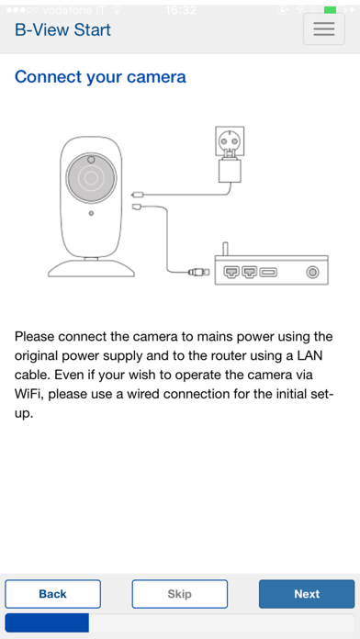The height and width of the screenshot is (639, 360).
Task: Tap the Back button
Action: click(x=52, y=594)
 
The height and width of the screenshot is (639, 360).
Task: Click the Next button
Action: click(x=307, y=594)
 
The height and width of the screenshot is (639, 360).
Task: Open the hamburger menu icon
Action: click(x=324, y=29)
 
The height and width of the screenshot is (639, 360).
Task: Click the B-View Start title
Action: click(x=62, y=30)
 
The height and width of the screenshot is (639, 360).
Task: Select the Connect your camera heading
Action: click(x=100, y=76)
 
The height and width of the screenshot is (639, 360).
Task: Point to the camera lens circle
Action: click(x=91, y=178)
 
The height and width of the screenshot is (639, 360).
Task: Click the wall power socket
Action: click(x=230, y=141)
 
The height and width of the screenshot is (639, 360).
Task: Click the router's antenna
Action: click(x=224, y=249)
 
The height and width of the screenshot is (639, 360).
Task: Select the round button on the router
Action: click(x=313, y=272)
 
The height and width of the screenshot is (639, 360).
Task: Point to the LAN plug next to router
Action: click(x=199, y=272)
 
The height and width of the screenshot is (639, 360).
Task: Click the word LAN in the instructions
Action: click(x=309, y=356)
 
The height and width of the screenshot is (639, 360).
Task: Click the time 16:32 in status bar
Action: click(x=181, y=10)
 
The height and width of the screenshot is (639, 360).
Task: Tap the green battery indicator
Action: click(x=331, y=10)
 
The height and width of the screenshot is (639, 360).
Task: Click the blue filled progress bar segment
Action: click(x=47, y=622)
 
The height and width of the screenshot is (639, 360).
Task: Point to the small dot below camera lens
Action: click(x=91, y=213)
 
